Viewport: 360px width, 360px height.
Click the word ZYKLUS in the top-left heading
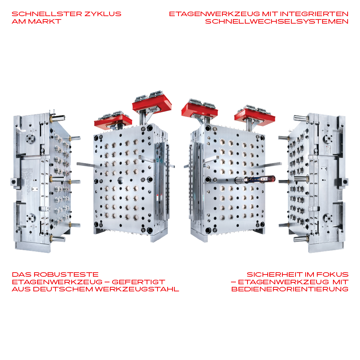pyautogui.click(x=103, y=14)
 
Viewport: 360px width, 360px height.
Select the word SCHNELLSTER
pyautogui.click(x=47, y=14)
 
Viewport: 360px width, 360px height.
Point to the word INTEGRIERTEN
pyautogui.click(x=314, y=14)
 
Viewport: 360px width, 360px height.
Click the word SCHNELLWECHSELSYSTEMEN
pyautogui.click(x=277, y=21)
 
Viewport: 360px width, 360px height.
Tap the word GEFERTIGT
pyautogui.click(x=138, y=282)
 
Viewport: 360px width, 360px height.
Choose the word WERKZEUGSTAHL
pyautogui.click(x=137, y=289)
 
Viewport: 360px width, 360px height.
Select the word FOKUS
pyautogui.click(x=333, y=274)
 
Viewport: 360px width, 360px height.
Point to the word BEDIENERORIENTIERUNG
pyautogui.click(x=290, y=289)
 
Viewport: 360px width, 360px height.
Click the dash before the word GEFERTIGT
pyautogui.click(x=107, y=282)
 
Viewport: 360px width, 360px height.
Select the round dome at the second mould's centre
pyautogui.click(x=121, y=180)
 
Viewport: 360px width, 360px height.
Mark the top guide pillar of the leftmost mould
pyautogui.click(x=57, y=118)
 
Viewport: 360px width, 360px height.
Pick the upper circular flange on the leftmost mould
pyautogui.click(x=30, y=138)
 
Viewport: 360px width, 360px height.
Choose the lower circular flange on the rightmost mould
pyautogui.click(x=328, y=218)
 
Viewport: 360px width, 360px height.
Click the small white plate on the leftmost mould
pyautogui.click(x=34, y=189)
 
